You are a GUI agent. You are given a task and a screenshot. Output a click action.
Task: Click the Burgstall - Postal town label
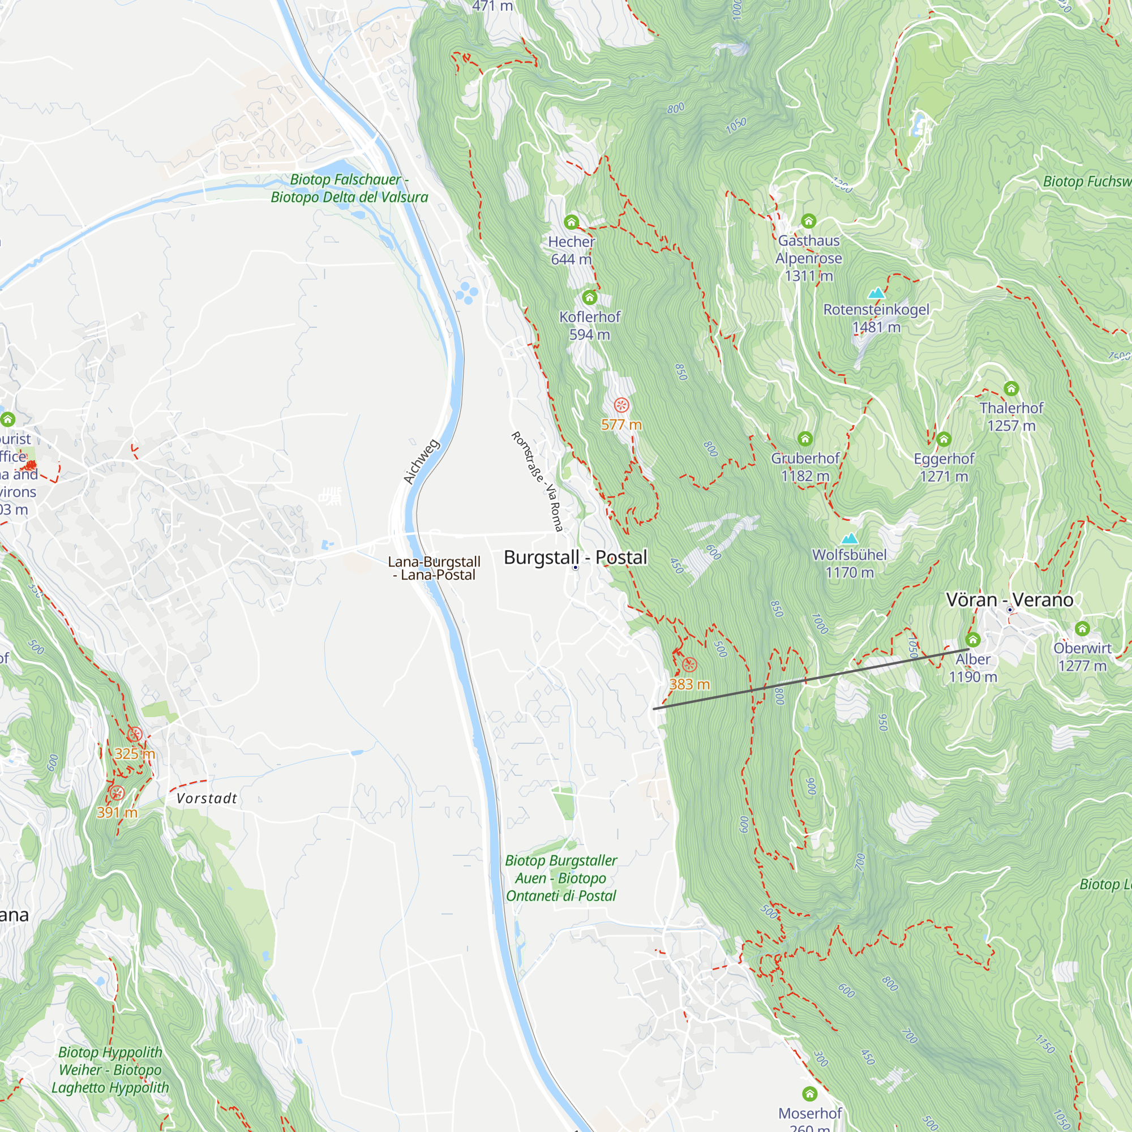tap(575, 557)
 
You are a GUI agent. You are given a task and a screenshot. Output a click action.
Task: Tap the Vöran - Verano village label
tap(1010, 600)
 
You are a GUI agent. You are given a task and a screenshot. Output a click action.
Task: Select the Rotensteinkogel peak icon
tap(876, 293)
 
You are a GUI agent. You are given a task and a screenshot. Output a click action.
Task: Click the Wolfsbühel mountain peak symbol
tap(849, 538)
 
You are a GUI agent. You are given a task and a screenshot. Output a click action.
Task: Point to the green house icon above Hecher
tap(571, 222)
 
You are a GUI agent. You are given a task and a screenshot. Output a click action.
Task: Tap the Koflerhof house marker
tap(589, 298)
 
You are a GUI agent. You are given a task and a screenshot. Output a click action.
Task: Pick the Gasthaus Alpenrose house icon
tap(809, 221)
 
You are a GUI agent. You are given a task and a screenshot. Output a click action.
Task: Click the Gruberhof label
tap(805, 458)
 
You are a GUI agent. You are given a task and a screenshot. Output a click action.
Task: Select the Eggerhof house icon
tap(944, 439)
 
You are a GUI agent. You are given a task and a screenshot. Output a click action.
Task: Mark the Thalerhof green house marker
tap(1011, 388)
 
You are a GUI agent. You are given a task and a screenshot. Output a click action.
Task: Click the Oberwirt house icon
tap(1082, 629)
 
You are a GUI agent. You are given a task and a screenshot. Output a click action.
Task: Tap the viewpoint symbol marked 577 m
tap(621, 405)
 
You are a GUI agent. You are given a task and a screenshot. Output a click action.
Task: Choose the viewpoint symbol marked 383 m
tap(689, 664)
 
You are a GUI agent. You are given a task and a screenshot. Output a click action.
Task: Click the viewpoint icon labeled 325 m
tap(135, 735)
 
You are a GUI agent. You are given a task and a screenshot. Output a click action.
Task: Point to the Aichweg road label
tap(421, 462)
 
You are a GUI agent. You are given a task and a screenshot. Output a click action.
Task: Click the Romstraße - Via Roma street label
tap(537, 481)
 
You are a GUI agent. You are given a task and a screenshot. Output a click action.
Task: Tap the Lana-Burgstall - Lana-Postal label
tap(434, 568)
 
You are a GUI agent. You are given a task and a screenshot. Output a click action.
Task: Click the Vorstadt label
tap(207, 799)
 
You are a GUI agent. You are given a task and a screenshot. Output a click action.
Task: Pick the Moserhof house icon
tap(809, 1094)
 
